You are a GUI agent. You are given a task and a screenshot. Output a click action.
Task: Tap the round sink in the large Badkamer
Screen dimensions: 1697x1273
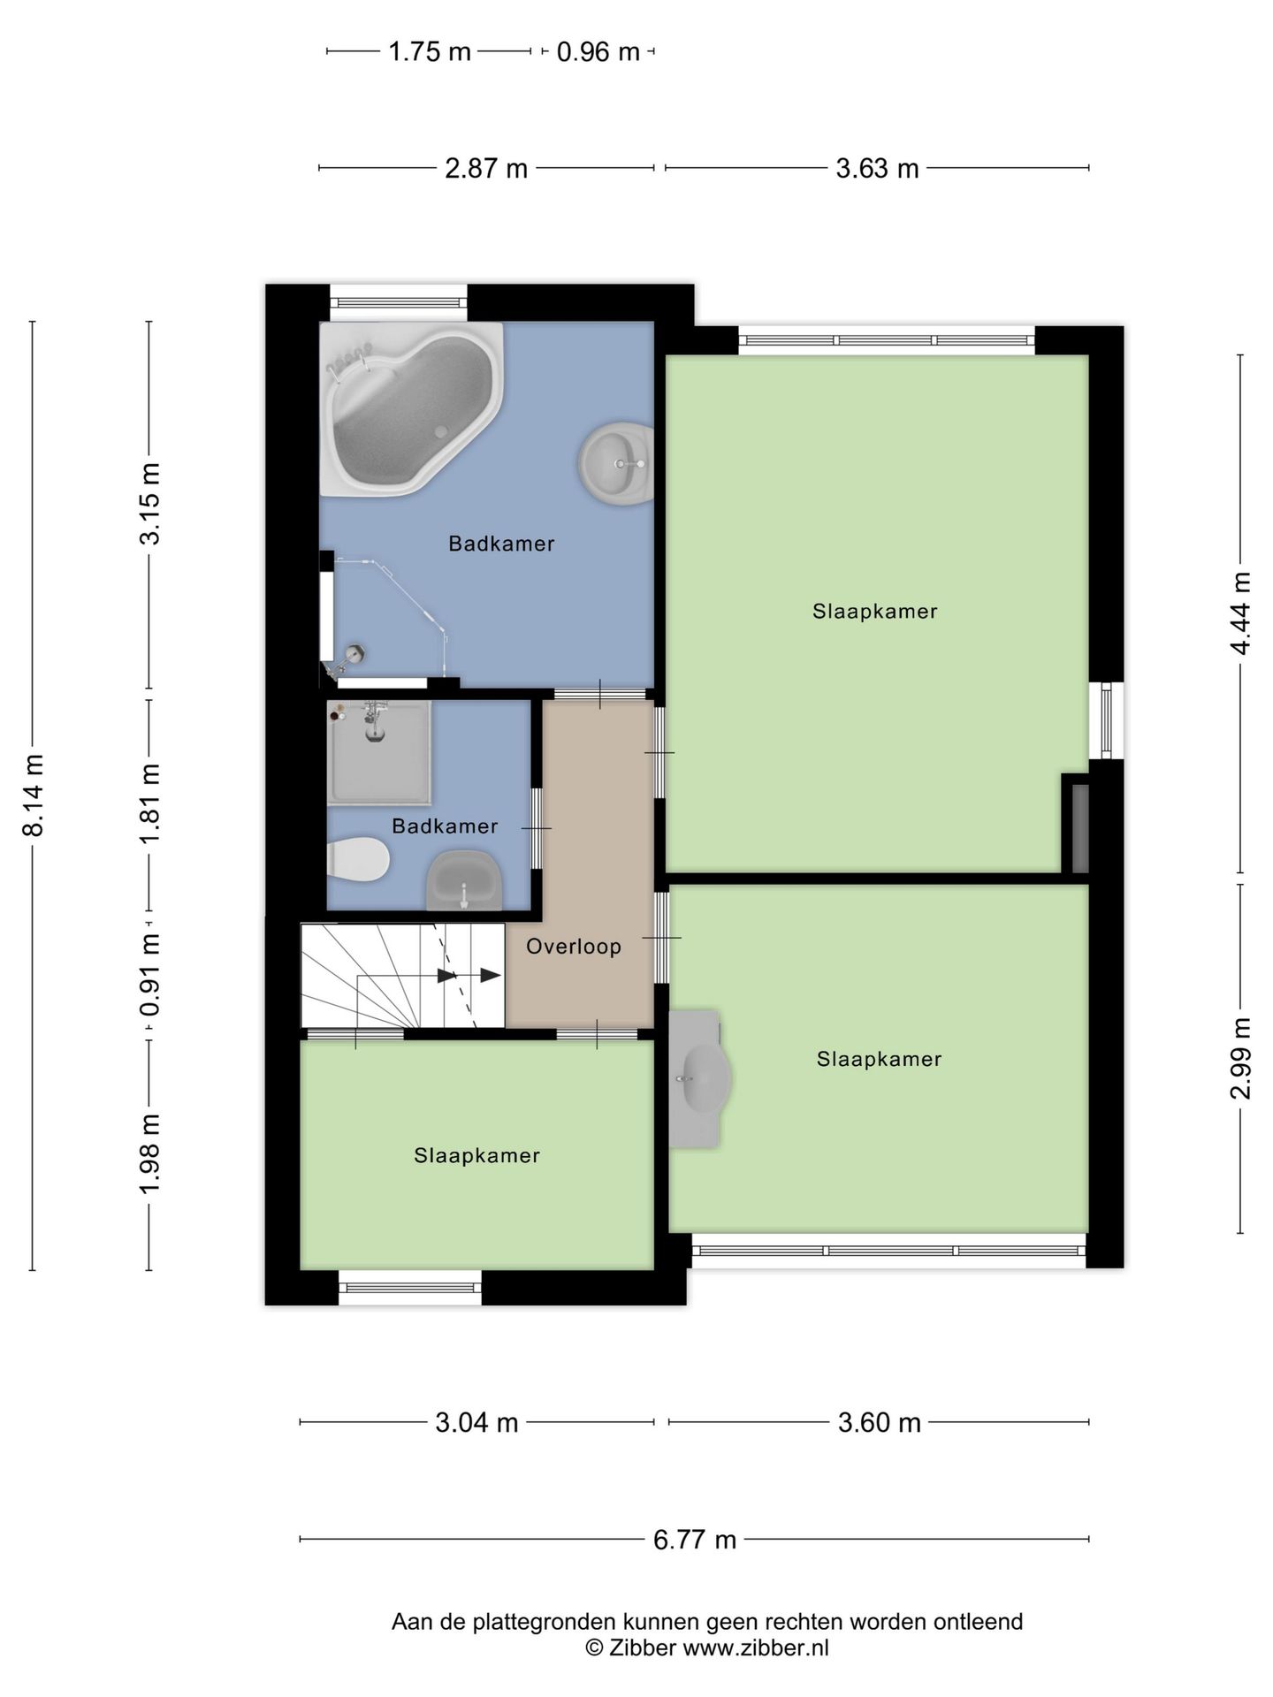tap(616, 463)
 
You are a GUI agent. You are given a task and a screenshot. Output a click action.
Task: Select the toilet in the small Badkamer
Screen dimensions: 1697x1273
tap(358, 859)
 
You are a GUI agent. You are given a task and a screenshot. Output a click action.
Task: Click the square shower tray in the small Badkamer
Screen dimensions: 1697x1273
tap(379, 752)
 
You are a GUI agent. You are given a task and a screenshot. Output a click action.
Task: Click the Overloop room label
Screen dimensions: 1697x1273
tap(574, 947)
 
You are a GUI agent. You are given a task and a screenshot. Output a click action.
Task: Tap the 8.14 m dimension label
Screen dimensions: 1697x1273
tap(34, 795)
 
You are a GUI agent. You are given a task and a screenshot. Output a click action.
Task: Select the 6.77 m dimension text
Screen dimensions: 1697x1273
tap(695, 1541)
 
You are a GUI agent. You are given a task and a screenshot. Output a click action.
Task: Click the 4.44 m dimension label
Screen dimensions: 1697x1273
tap(1241, 613)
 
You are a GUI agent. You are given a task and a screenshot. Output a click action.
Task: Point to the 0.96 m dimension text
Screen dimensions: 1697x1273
tap(598, 52)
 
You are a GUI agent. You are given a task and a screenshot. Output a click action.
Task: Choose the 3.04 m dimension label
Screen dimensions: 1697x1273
tap(476, 1423)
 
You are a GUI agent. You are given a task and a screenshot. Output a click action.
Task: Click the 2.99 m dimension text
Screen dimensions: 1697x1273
tap(1241, 1058)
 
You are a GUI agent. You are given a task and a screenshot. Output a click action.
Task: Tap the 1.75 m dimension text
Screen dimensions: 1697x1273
tap(430, 52)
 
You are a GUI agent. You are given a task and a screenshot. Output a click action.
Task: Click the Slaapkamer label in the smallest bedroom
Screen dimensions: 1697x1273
tap(476, 1156)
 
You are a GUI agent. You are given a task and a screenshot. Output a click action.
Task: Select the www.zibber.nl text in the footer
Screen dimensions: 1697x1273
tap(755, 1648)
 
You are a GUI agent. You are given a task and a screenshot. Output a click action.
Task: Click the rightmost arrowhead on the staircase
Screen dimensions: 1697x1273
tap(490, 975)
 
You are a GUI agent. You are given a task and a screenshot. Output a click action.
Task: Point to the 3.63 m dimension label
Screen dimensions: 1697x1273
tap(877, 168)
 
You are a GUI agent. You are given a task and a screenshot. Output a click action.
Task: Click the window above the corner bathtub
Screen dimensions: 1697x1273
tap(399, 302)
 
